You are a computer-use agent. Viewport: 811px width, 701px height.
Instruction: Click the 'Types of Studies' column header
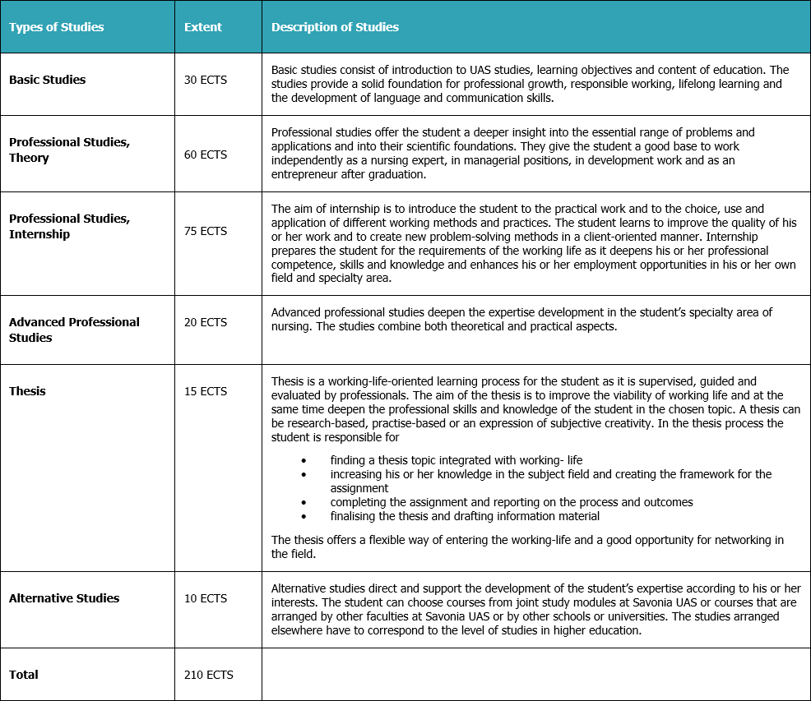[x=56, y=27]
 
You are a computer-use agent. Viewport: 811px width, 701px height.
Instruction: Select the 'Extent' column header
[x=203, y=27]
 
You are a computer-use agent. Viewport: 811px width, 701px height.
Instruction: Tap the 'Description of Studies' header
[x=335, y=27]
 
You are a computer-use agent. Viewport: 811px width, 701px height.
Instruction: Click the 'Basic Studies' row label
[x=47, y=80]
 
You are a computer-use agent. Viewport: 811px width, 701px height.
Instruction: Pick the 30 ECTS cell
[x=206, y=80]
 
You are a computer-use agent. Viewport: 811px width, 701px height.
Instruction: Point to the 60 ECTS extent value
[x=206, y=154]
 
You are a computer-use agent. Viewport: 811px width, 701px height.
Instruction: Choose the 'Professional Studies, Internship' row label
[x=69, y=226]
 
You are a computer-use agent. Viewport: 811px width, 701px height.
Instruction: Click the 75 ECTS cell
[x=206, y=231]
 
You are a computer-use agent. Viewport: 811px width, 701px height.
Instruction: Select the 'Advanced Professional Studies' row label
[x=74, y=330]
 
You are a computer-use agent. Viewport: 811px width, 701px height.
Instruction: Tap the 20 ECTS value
[x=206, y=322]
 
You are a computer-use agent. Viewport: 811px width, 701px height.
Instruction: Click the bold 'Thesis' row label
[x=27, y=391]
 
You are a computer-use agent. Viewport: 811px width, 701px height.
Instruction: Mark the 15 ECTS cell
[x=206, y=391]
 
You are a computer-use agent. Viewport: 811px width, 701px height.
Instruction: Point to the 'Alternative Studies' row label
[x=64, y=598]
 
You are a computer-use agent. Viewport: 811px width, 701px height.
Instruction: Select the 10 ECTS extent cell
[x=206, y=598]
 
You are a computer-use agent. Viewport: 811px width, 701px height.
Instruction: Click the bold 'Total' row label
[x=24, y=675]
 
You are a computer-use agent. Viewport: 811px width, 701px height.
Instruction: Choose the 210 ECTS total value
[x=209, y=675]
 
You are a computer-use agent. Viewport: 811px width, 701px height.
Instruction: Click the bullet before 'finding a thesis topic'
[x=304, y=460]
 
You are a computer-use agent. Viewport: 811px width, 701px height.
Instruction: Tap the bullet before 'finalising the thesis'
[x=304, y=516]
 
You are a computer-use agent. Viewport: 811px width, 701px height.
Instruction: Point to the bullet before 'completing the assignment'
[x=304, y=502]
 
